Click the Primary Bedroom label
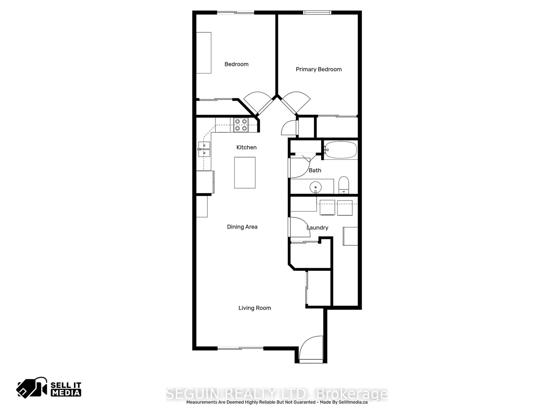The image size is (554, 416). pos(319,69)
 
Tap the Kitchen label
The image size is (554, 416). pos(246,147)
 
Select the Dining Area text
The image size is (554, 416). pos(242,227)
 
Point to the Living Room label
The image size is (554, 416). pos(255,308)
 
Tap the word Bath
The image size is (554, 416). pos(315,170)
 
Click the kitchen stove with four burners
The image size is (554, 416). pos(241,125)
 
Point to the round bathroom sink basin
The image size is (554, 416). pos(316,187)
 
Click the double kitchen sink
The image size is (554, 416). pos(204,149)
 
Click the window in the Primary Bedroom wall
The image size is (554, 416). pos(317,13)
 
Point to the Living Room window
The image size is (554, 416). pos(240,348)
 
